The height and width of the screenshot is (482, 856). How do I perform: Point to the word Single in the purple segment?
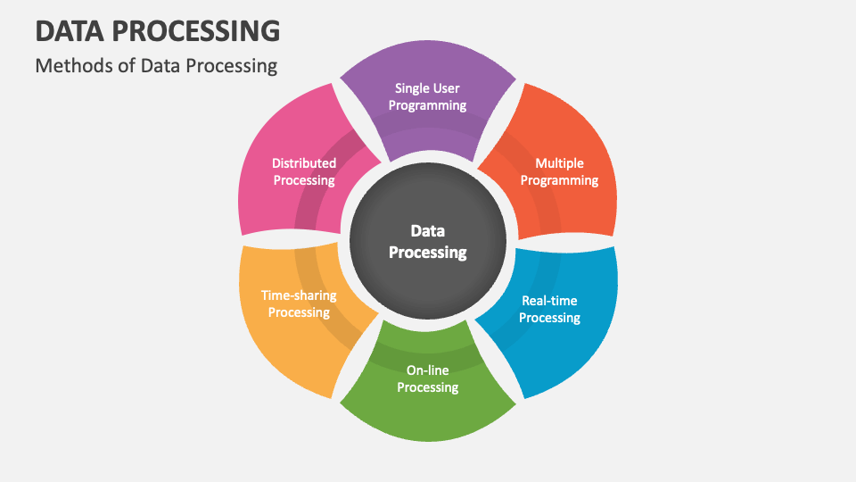(413, 88)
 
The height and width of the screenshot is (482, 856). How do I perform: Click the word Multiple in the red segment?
(559, 163)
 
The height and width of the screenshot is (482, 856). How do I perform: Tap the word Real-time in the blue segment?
(549, 301)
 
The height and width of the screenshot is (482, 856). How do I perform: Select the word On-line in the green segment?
(428, 370)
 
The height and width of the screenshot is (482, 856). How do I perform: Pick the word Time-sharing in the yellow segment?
(299, 295)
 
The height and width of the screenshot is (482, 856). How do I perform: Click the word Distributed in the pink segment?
(304, 163)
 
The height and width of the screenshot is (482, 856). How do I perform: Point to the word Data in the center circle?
(427, 231)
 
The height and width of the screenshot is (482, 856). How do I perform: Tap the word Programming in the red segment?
(559, 180)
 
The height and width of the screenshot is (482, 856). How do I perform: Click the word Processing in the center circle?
(427, 253)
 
